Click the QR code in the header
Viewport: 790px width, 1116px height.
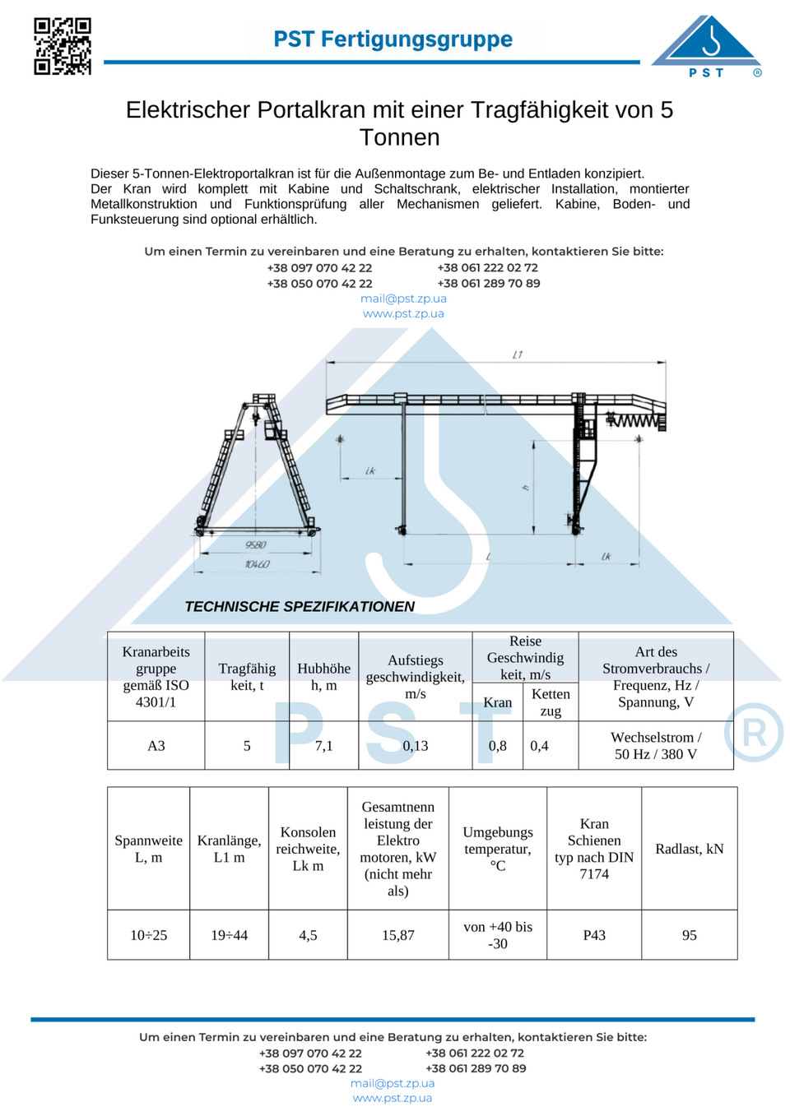63,46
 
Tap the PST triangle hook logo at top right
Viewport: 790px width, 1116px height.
707,46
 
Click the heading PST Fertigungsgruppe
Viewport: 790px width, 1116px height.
393,39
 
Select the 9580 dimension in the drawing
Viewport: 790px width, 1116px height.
255,545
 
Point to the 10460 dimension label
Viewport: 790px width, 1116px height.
257,564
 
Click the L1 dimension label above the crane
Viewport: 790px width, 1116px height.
518,354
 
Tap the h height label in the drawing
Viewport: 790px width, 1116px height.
526,489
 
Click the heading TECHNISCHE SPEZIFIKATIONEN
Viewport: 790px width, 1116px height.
300,606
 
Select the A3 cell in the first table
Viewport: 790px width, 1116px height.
156,745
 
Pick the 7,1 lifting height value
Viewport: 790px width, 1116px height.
323,745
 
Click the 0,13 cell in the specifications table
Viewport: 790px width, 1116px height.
416,745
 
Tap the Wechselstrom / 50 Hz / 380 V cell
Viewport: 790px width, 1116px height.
656,745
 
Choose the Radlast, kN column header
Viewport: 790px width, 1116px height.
690,849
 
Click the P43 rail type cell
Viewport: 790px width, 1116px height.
594,935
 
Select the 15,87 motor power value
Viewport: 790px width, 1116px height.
397,935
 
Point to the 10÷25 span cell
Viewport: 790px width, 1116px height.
148,935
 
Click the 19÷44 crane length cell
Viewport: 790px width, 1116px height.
230,935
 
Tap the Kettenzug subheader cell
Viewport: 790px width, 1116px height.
551,702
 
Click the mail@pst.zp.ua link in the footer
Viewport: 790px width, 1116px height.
393,1083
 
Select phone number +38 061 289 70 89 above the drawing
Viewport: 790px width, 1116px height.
489,284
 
